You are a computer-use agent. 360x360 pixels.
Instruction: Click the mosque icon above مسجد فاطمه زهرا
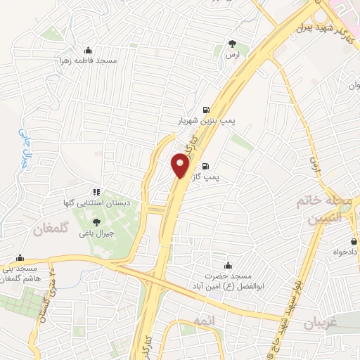coord(88,50)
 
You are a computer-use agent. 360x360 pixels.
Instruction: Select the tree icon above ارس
coord(232,43)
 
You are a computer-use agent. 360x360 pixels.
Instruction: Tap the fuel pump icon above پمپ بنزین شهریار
coord(205,109)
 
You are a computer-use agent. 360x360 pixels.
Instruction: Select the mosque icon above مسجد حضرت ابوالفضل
coord(227,266)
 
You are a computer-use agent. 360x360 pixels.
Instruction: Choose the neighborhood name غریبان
coord(323,324)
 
